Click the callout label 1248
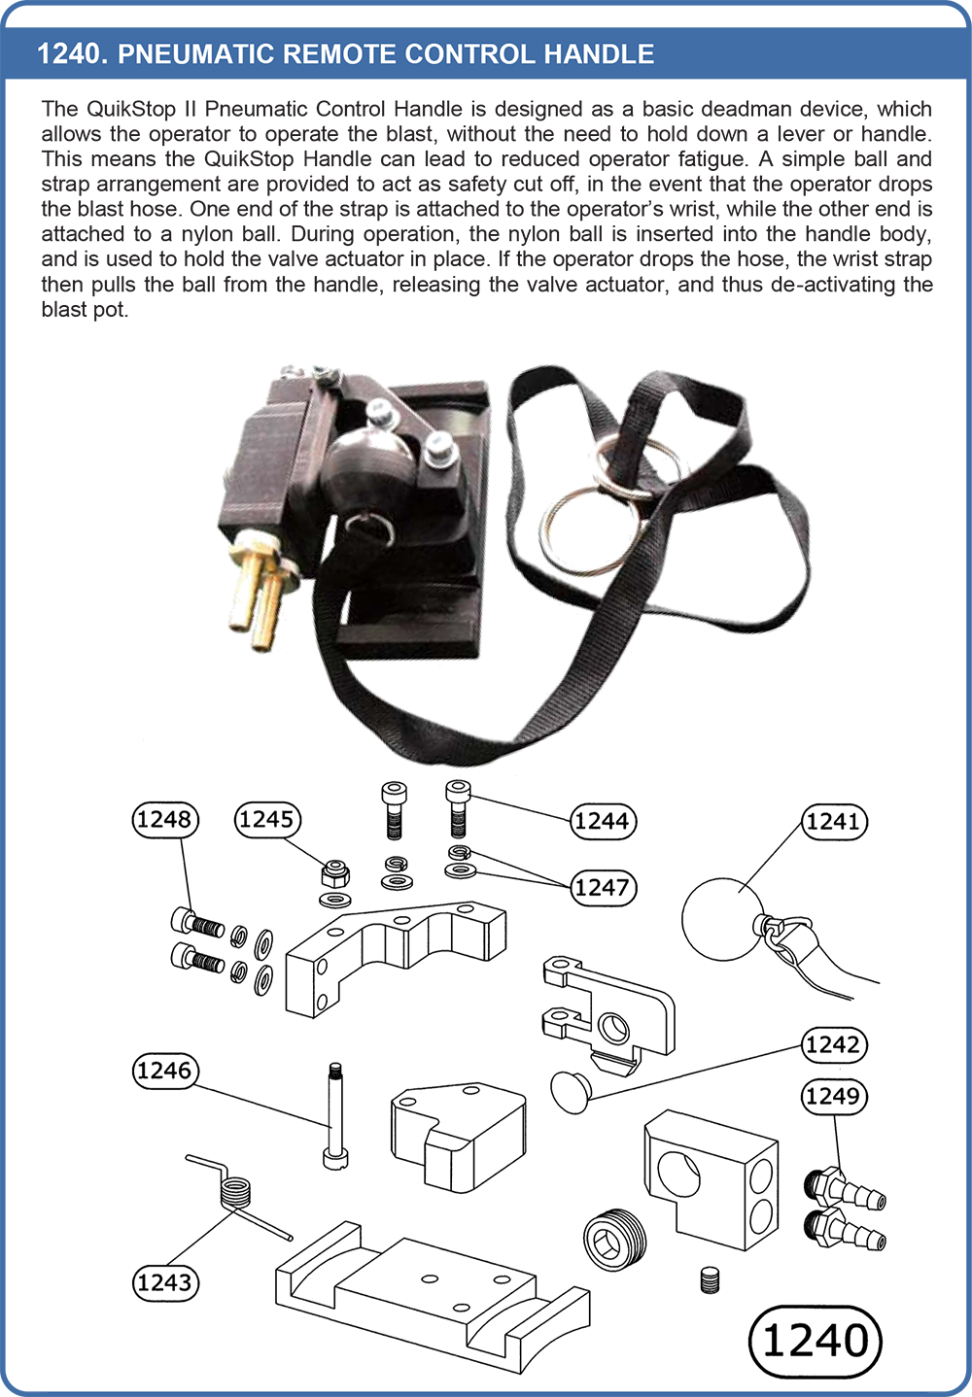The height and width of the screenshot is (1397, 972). (x=165, y=820)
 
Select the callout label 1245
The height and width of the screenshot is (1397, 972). (x=267, y=820)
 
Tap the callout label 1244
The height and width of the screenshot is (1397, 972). (x=604, y=821)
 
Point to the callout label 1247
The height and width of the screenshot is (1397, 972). (x=604, y=888)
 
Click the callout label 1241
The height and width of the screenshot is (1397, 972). (x=834, y=821)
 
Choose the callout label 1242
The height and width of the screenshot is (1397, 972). (x=834, y=1044)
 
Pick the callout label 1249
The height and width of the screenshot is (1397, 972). (x=834, y=1097)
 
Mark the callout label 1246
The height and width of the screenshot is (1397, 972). (x=165, y=1072)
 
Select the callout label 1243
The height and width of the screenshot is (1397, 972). (x=165, y=1283)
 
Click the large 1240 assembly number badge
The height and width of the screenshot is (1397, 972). (x=815, y=1342)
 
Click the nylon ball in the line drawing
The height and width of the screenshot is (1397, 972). (x=722, y=919)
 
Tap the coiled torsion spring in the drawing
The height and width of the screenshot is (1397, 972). (x=237, y=1191)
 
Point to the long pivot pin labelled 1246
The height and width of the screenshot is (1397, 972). (x=335, y=1115)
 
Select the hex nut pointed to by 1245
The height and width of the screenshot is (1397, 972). (x=335, y=874)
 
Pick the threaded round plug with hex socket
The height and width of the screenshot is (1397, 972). (x=614, y=1240)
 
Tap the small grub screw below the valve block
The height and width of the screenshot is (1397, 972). (x=710, y=1279)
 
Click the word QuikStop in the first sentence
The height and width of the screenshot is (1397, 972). (x=131, y=109)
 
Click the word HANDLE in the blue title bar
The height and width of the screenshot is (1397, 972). (x=599, y=54)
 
